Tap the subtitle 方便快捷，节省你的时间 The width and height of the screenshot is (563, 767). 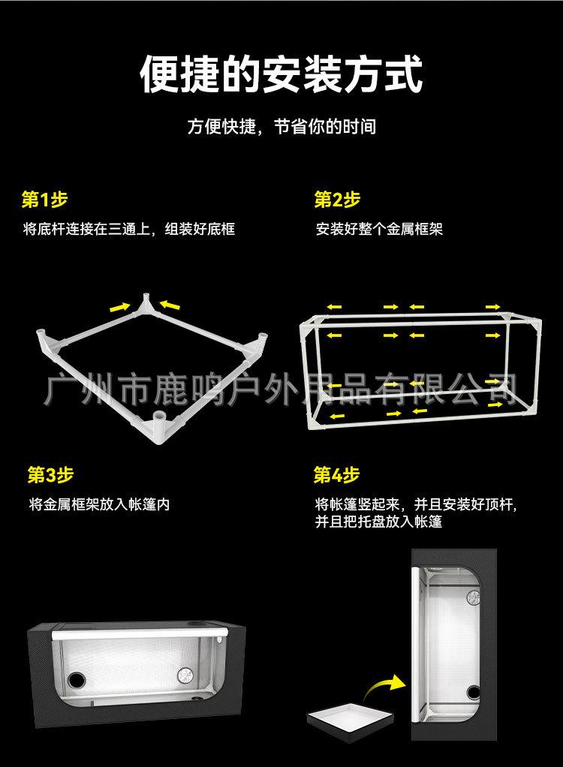[281, 126]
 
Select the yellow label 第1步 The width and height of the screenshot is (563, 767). [44, 200]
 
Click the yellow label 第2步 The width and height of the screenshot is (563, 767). [337, 200]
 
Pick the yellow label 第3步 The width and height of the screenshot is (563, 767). [50, 475]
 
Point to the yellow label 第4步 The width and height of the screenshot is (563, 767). [336, 475]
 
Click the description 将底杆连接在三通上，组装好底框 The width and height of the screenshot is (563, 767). [129, 229]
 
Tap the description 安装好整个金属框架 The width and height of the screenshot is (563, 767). [379, 229]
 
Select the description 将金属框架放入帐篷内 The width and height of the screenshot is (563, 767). [99, 504]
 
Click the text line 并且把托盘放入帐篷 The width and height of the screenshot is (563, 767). [379, 522]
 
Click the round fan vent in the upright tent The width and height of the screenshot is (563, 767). [474, 597]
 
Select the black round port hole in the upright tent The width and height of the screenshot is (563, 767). [473, 692]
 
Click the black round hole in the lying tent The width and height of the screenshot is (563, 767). [75, 679]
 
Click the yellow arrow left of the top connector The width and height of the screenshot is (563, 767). [119, 306]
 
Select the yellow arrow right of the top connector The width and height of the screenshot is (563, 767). [170, 305]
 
